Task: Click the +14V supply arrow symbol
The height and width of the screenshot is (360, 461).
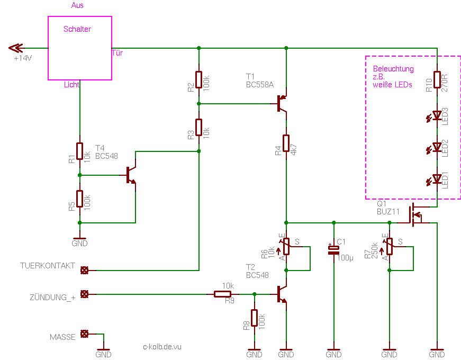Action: click(x=15, y=48)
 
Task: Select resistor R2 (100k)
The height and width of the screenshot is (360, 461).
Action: click(x=199, y=79)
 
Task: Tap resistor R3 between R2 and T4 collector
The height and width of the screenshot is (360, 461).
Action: click(x=199, y=127)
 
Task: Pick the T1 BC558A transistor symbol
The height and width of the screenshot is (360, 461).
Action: click(x=282, y=104)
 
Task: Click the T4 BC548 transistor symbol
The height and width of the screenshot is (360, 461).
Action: click(x=131, y=175)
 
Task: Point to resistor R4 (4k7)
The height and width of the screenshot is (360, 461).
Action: click(x=286, y=143)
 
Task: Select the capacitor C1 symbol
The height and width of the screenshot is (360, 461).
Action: click(x=333, y=250)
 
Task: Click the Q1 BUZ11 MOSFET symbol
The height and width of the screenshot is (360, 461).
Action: click(x=415, y=215)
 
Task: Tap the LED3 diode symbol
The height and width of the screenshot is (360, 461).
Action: click(x=435, y=116)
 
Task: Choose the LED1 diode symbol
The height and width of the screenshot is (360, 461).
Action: click(x=435, y=179)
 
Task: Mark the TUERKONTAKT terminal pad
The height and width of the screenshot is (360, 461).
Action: click(x=84, y=271)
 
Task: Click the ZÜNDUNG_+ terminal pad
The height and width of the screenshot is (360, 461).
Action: click(x=84, y=294)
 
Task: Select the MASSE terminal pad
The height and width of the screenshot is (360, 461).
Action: click(x=84, y=334)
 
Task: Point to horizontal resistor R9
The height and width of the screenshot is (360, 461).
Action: click(x=222, y=294)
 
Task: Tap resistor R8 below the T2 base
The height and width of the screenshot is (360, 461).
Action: click(x=254, y=318)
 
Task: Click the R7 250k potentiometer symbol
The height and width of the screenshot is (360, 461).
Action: click(x=389, y=247)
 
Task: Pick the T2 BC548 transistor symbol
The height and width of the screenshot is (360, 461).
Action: click(x=282, y=294)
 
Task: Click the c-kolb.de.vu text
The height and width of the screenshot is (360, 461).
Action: click(x=162, y=347)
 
